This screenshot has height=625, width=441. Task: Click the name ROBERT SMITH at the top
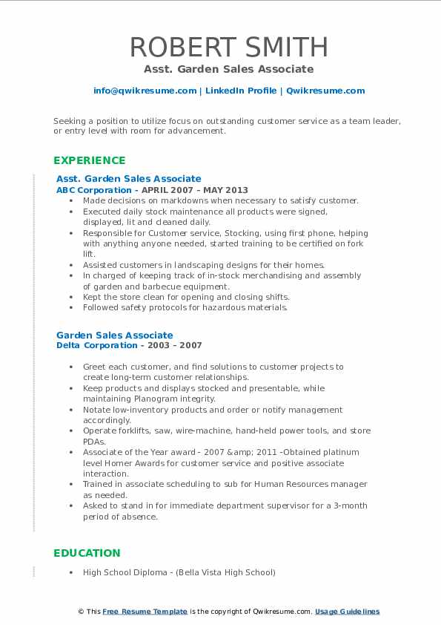click(228, 47)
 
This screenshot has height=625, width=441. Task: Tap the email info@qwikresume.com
click(145, 91)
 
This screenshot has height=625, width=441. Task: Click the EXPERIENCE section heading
click(89, 160)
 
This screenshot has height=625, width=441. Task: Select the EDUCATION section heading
click(86, 553)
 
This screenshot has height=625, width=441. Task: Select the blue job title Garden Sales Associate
click(114, 336)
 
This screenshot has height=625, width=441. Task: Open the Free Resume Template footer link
click(145, 612)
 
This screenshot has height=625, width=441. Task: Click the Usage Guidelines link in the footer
click(347, 612)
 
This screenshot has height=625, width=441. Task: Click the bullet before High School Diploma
click(70, 572)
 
